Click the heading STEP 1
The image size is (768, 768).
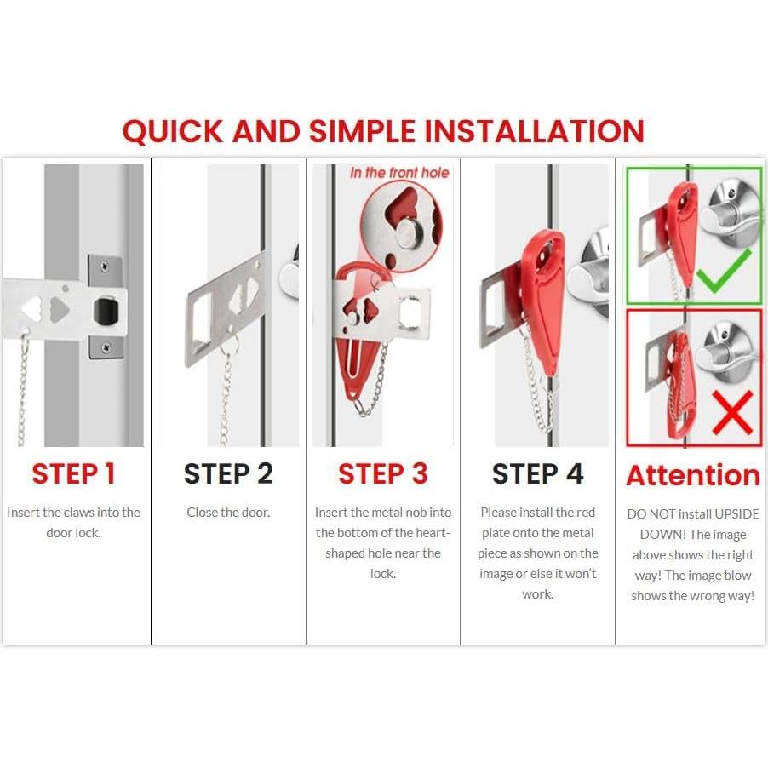click(x=73, y=473)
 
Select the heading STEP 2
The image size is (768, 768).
click(x=228, y=473)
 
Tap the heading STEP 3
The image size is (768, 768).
click(x=383, y=473)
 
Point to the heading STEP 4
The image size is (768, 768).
click(x=538, y=473)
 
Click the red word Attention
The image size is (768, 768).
click(x=693, y=475)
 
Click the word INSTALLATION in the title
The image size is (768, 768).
click(x=534, y=131)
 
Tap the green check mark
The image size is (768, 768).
click(x=724, y=271)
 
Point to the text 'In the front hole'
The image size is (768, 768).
click(x=399, y=172)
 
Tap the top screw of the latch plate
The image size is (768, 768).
click(x=105, y=267)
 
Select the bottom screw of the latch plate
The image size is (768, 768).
click(x=106, y=347)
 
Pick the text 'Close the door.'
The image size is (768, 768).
click(x=228, y=513)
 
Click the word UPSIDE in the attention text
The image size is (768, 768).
click(x=736, y=513)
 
